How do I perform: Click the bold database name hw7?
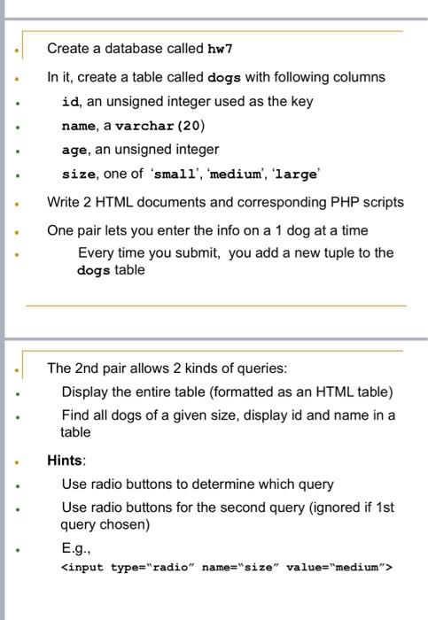coord(221,48)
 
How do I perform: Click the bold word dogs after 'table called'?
coord(224,77)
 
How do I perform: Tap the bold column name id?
coord(70,101)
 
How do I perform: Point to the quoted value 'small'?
coord(168,174)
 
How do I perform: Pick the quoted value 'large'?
coord(295,174)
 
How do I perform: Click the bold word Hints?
coord(66,461)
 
